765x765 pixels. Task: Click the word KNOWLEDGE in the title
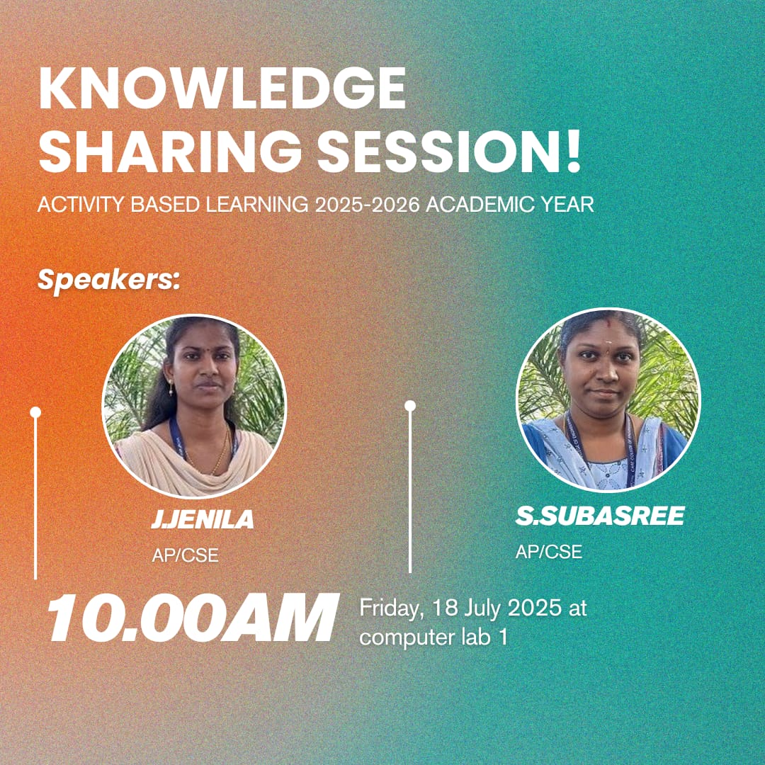tap(222, 88)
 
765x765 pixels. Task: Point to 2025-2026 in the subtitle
tap(368, 205)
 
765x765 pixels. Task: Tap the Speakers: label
tap(109, 280)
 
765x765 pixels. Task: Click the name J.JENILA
tap(203, 519)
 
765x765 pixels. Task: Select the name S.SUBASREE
tap(600, 516)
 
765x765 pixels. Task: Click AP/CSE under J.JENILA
tap(185, 555)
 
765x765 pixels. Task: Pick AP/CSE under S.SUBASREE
tap(549, 552)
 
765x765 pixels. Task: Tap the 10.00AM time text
tap(192, 618)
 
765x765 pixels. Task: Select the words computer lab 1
tap(433, 638)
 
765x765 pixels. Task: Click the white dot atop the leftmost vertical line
tap(35, 413)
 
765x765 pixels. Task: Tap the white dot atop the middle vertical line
tap(410, 406)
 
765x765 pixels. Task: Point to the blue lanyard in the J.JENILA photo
tap(178, 439)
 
